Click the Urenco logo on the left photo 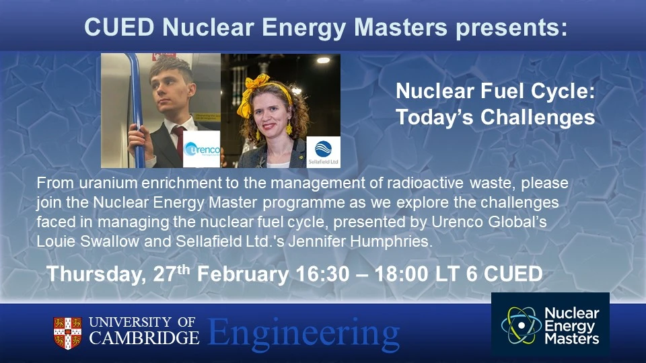coord(201,149)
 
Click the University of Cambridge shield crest coord(67,332)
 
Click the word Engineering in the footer coord(303,333)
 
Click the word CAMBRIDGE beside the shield coord(144,337)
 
